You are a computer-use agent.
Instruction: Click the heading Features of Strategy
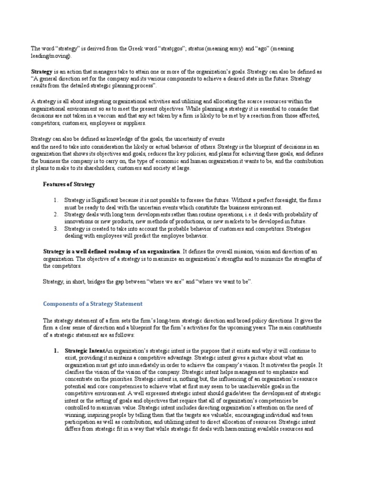69,184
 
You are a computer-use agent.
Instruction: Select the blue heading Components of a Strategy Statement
93,304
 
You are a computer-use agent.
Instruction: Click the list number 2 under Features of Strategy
55,215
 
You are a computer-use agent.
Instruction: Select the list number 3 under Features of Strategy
55,229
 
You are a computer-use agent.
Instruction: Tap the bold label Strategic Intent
85,351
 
